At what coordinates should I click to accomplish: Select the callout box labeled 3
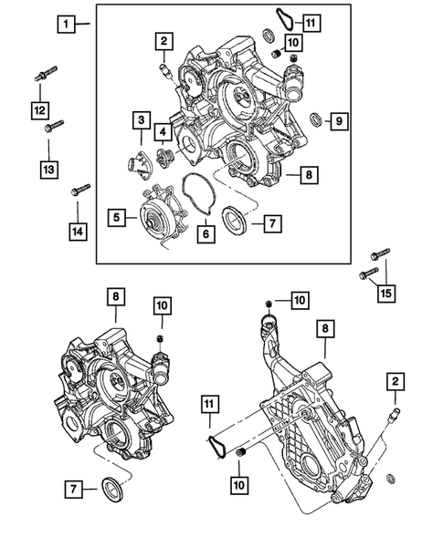click(141, 119)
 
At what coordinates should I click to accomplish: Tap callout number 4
click(162, 132)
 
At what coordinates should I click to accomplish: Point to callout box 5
click(117, 217)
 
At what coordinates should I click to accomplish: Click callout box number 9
click(337, 120)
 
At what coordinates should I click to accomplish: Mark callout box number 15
click(386, 294)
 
